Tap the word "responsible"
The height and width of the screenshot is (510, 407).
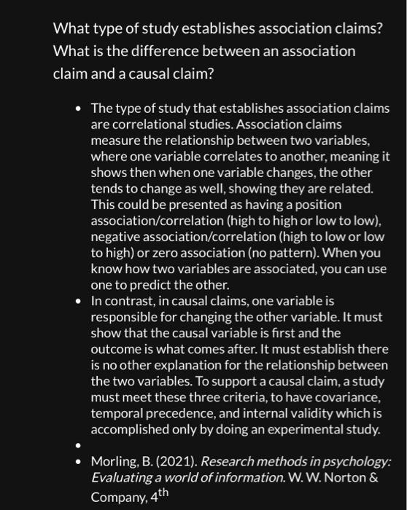pyautogui.click(x=125, y=317)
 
